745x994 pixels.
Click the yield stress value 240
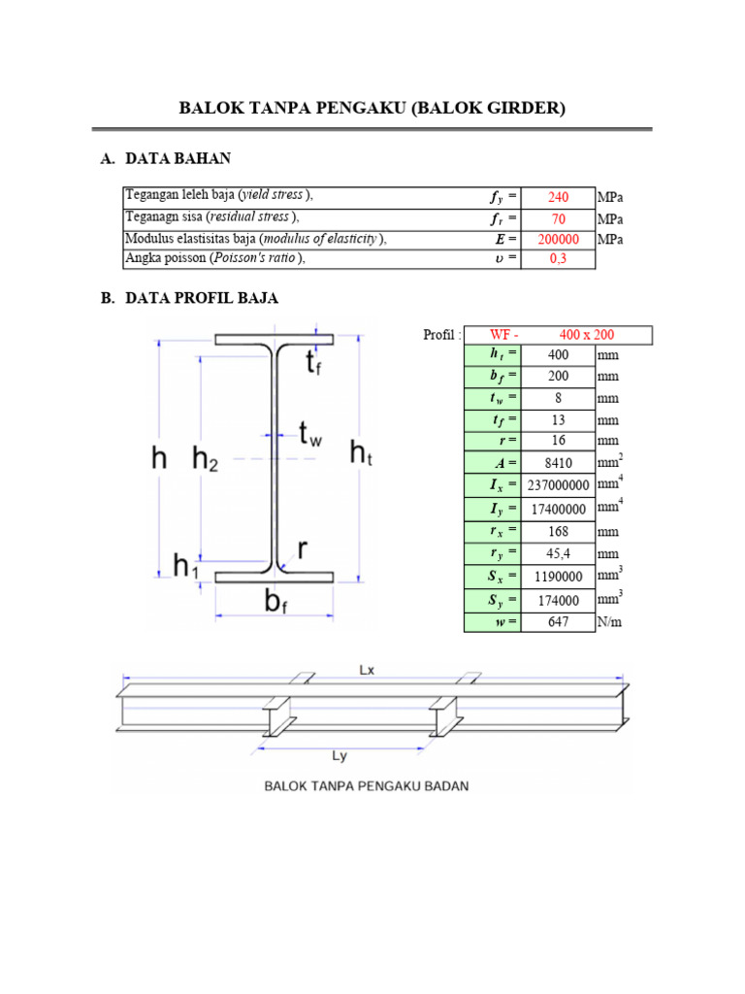[x=558, y=197]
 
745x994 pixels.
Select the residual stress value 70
[x=558, y=218]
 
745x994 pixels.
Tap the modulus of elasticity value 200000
[x=558, y=239]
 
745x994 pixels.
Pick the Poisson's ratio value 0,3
[x=558, y=258]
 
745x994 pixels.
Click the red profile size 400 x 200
[x=587, y=335]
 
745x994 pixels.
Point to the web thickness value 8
[x=558, y=398]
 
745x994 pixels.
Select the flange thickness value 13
[x=558, y=419]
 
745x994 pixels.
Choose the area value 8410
[x=558, y=463]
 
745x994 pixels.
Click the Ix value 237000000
[x=558, y=485]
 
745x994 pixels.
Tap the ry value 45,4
[x=558, y=553]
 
